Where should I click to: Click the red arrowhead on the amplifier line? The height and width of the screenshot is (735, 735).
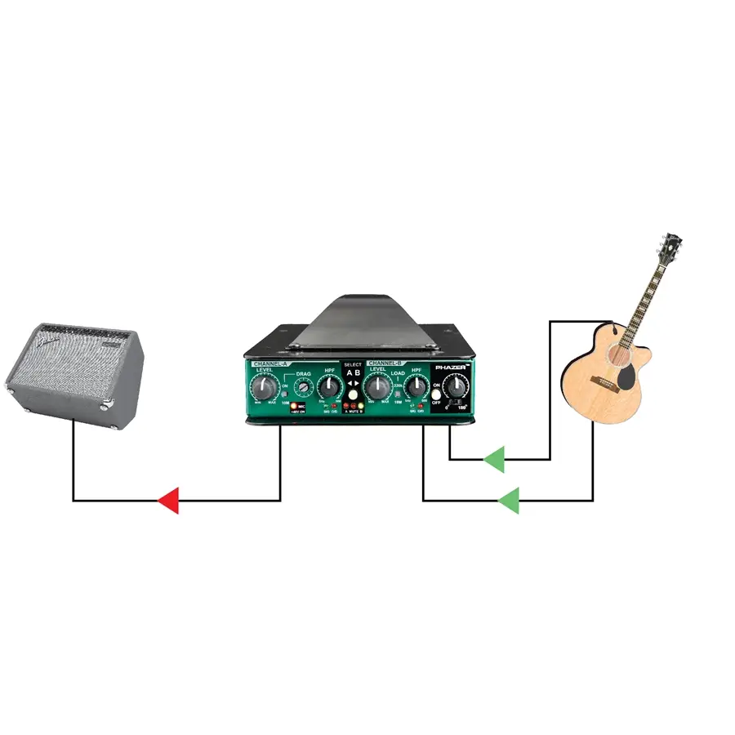click(168, 500)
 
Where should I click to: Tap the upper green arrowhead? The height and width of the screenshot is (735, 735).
click(494, 460)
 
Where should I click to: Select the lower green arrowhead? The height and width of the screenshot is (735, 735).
click(509, 500)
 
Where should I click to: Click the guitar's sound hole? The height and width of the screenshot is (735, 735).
click(619, 356)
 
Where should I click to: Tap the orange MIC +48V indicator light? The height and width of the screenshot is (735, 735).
click(294, 405)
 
